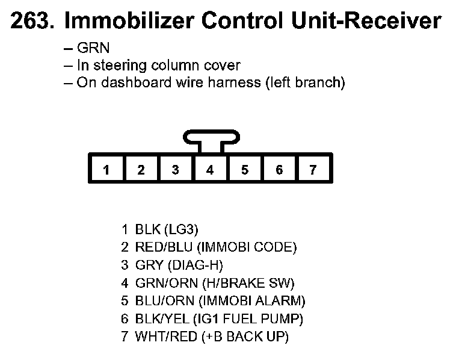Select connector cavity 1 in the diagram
click(x=106, y=170)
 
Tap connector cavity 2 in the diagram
click(x=141, y=170)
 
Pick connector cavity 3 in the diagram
click(x=175, y=170)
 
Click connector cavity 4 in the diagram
click(x=210, y=170)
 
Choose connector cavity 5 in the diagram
click(x=244, y=170)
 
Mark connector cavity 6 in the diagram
click(x=279, y=170)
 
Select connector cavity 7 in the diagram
click(x=313, y=170)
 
